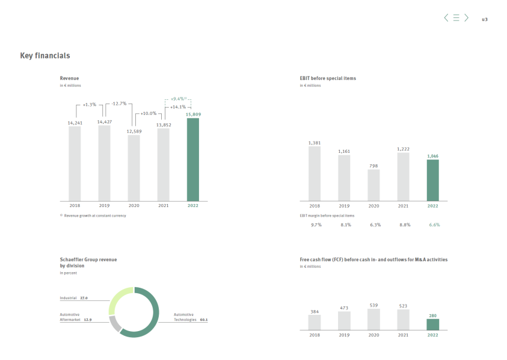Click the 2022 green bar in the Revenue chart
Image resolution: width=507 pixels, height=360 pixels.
[192, 160]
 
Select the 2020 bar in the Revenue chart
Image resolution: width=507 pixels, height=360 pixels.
[134, 168]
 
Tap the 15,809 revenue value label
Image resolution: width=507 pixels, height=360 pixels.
[193, 114]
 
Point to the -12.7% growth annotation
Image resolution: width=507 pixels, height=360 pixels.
[119, 104]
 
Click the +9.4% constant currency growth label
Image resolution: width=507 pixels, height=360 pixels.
[179, 98]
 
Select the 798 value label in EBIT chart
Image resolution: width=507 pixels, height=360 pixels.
[373, 165]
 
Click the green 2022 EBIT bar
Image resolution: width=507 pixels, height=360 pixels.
[432, 180]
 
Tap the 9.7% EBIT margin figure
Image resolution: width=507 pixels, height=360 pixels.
[316, 225]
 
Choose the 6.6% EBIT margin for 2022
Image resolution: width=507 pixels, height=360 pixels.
[434, 225]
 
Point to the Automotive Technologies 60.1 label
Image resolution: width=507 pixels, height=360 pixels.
[190, 317]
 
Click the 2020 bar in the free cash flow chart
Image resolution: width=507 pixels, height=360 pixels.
[373, 319]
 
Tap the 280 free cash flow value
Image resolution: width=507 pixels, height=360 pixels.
[432, 314]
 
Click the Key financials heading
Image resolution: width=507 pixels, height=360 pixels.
[45, 55]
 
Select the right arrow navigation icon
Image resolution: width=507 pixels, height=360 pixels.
[466, 18]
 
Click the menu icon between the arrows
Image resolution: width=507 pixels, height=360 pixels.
[456, 18]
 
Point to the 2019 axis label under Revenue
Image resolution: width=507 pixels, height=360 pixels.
[104, 206]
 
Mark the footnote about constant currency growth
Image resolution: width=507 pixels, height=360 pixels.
[93, 216]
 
